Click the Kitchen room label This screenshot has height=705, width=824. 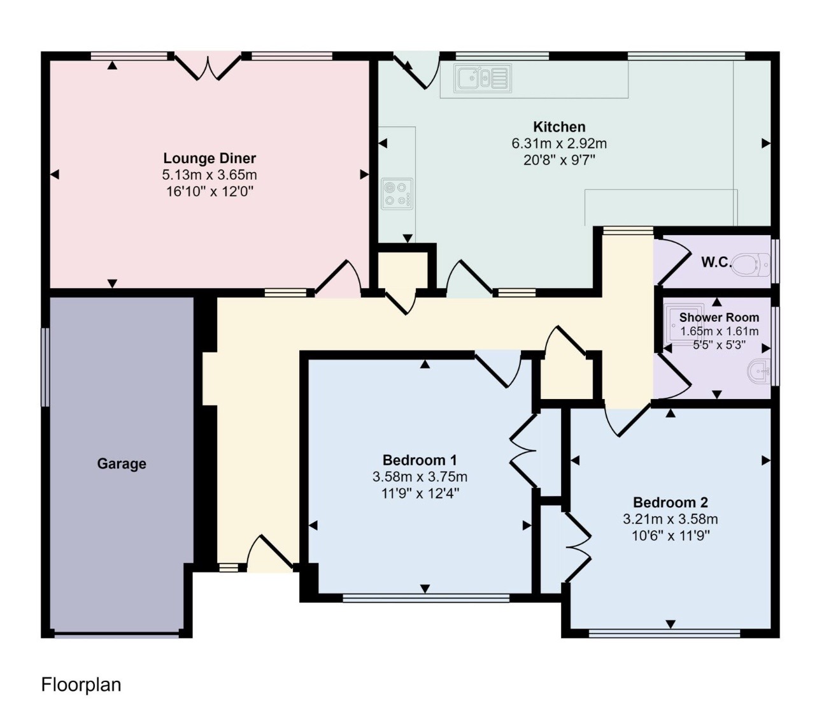coord(559,127)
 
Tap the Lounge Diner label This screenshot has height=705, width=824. coord(210,158)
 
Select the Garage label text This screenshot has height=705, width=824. coord(122,463)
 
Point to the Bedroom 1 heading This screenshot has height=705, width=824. coord(420,460)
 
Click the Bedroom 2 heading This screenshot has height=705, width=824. coord(671,502)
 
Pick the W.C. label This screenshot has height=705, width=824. coord(716,263)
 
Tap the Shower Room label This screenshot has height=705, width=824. coord(719,317)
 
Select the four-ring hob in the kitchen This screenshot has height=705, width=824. coord(397,194)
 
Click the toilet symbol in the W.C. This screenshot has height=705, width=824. coord(751,264)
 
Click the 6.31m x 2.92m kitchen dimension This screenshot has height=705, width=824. coord(559,143)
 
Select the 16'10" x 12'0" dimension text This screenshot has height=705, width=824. coord(210,192)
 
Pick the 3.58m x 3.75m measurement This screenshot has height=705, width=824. coord(420,477)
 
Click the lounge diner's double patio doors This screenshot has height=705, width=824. coord(208,66)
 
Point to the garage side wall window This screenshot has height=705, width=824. coord(45,367)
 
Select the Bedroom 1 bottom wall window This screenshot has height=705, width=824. coord(426,598)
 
